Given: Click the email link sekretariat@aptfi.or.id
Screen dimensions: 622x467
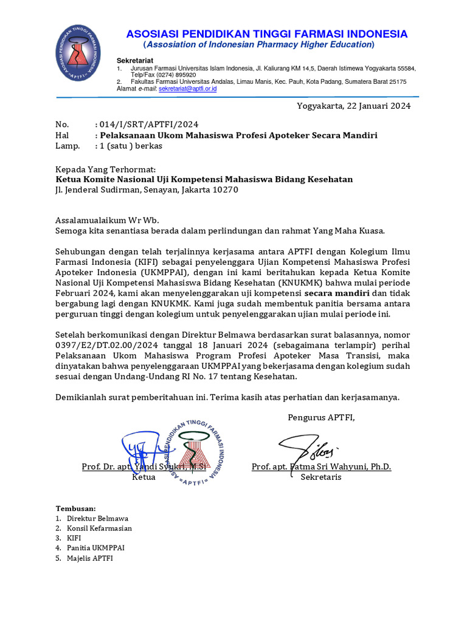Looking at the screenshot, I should pos(187,89).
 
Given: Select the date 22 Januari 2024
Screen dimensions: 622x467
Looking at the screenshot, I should pos(378,106).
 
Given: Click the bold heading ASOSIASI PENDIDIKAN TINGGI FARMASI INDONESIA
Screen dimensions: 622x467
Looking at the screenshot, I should pos(267,33).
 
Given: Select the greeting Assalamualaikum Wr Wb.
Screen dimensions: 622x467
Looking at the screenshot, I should pos(106,220).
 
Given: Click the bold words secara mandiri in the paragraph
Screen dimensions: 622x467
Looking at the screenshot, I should pos(337,292).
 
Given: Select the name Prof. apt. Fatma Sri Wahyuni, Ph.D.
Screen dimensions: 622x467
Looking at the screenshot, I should pos(321,466).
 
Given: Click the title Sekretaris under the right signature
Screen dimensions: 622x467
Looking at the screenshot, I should pos(321,477).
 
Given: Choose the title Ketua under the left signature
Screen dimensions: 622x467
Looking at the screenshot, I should pos(144,477).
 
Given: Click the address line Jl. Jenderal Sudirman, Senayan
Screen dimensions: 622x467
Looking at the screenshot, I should pos(147,190).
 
